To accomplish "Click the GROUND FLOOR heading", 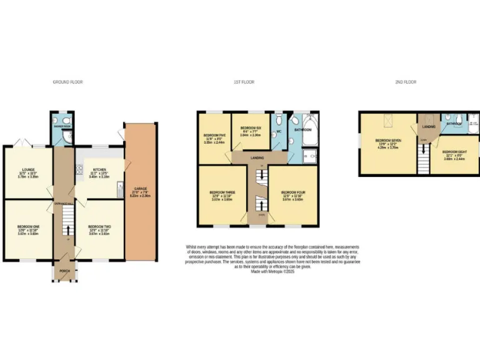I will (67, 82).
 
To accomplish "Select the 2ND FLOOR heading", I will (406, 82).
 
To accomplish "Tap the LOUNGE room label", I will (27, 169).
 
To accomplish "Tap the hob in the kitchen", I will (79, 168).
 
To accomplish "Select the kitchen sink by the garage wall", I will (119, 189).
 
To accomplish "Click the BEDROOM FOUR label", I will (292, 192).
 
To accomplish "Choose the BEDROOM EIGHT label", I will (454, 152).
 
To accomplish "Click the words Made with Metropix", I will (257, 270).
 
